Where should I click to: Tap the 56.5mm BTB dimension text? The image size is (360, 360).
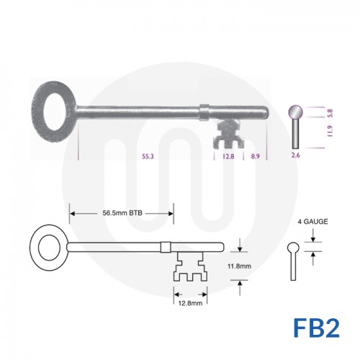click(x=121, y=213)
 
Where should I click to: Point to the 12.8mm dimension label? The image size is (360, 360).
click(x=189, y=302)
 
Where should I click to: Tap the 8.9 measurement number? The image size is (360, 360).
click(x=256, y=156)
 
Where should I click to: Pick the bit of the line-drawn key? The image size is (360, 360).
click(x=189, y=269)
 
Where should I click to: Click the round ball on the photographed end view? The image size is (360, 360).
click(x=296, y=113)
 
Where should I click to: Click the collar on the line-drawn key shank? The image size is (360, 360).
click(x=166, y=247)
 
